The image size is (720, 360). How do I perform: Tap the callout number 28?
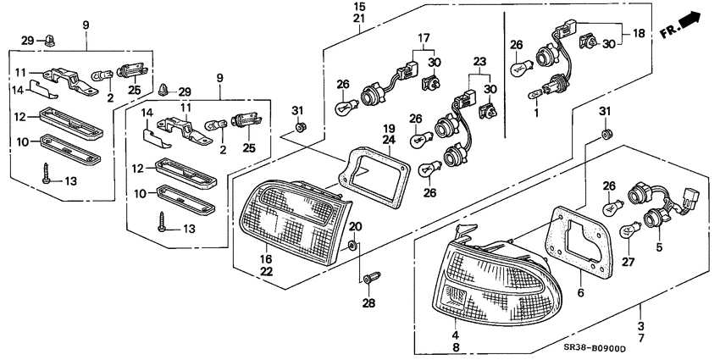point(368,303)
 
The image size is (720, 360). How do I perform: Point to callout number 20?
point(355,226)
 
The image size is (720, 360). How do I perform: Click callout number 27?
point(628,262)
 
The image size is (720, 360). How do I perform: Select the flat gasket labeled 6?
point(579,241)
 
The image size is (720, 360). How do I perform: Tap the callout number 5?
point(659,247)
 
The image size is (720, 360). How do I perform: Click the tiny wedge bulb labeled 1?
point(534,95)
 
